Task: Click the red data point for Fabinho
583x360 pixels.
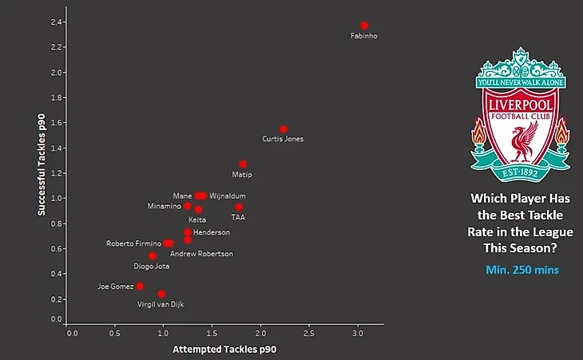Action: coord(364,26)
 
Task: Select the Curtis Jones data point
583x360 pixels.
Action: coord(283,129)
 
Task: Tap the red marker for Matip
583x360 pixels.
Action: coord(243,164)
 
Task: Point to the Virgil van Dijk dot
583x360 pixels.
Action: coord(161,294)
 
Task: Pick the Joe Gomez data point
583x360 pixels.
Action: coord(140,286)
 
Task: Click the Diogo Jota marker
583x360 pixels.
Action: coord(153,255)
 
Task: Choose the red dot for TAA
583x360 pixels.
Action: coord(239,207)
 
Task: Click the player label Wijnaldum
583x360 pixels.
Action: coord(228,196)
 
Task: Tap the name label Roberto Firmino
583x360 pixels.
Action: coord(134,243)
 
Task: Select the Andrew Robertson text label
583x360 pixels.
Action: coord(201,254)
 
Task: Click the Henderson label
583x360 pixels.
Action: coord(211,232)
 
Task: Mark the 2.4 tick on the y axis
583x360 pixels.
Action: coord(56,22)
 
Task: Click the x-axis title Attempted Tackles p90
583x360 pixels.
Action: coord(224,349)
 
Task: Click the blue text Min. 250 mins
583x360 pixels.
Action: coord(522,270)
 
